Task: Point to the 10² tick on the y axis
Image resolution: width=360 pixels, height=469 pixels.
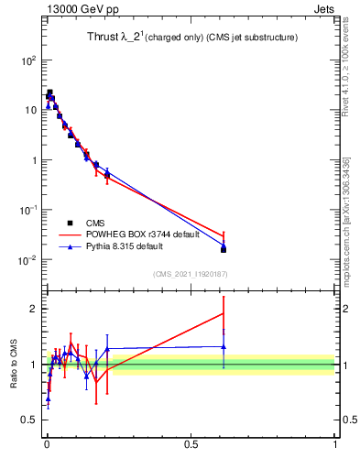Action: pyautogui.click(x=27, y=60)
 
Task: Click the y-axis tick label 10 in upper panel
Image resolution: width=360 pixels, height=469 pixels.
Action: pyautogui.click(x=29, y=110)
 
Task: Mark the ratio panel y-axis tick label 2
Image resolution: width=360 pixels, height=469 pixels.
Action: pyautogui.click(x=34, y=308)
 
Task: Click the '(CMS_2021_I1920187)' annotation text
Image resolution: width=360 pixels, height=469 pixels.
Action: pyautogui.click(x=190, y=274)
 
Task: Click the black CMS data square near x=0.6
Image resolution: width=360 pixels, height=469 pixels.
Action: pyautogui.click(x=224, y=249)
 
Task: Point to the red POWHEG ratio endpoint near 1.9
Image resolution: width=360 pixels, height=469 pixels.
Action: pyautogui.click(x=224, y=313)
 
